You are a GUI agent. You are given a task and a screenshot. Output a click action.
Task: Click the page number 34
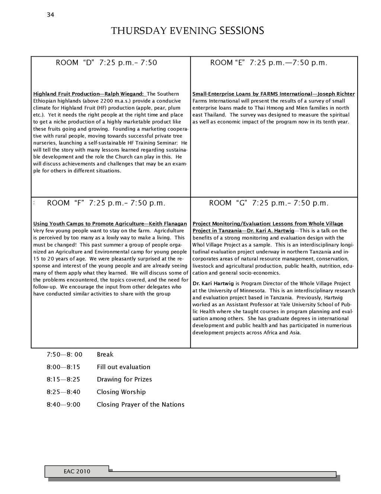pyautogui.click(x=51, y=15)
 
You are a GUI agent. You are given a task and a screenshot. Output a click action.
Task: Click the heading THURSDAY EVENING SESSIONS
pyautogui.click(x=188, y=31)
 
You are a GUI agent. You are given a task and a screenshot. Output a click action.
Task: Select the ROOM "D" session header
pyautogui.click(x=106, y=63)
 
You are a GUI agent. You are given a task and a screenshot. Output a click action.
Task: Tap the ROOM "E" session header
pyautogui.click(x=269, y=63)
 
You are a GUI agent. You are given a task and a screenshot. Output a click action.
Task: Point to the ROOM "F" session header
pyautogui.click(x=106, y=203)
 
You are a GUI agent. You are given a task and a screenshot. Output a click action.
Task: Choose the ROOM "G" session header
pyautogui.click(x=269, y=203)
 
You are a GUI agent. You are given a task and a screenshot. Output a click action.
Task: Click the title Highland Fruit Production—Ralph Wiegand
pyautogui.click(x=89, y=94)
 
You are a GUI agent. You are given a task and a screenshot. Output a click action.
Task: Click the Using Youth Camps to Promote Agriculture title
pyautogui.click(x=110, y=224)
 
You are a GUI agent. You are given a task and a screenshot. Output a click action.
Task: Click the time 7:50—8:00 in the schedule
pyautogui.click(x=64, y=355)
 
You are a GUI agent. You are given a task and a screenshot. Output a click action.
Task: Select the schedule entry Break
pyautogui.click(x=105, y=355)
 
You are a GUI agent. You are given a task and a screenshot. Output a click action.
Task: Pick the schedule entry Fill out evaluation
pyautogui.click(x=124, y=367)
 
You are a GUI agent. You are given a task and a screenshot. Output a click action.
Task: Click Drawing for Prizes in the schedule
pyautogui.click(x=124, y=380)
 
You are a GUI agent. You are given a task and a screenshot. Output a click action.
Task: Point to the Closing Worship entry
pyautogui.click(x=121, y=392)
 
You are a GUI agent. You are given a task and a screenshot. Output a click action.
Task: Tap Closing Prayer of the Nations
pyautogui.click(x=141, y=405)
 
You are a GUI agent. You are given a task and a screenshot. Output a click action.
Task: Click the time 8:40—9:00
pyautogui.click(x=63, y=405)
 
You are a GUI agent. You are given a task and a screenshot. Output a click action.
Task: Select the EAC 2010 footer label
pyautogui.click(x=77, y=472)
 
